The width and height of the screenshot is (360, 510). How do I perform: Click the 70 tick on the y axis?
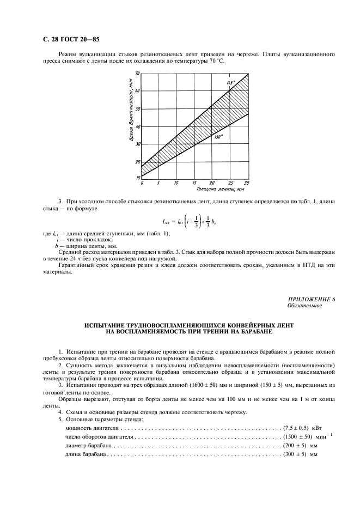(137, 72)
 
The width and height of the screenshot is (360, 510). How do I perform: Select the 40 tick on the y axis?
(137, 126)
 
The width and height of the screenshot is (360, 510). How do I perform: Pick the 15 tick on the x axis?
(194, 183)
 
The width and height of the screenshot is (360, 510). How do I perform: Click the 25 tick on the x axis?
(230, 183)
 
